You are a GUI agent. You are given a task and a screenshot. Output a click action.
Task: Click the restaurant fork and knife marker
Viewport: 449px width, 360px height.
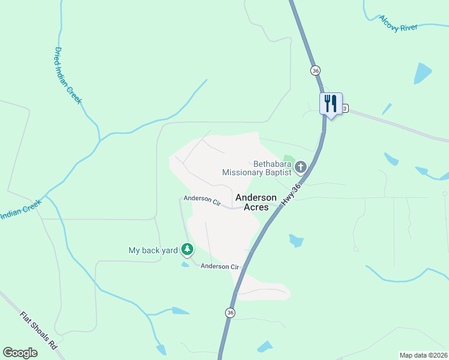tap(330, 104)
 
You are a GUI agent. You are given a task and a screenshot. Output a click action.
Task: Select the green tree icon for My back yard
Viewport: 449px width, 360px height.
tap(187, 248)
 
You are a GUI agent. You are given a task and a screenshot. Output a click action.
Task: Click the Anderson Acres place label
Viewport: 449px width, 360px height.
tap(256, 202)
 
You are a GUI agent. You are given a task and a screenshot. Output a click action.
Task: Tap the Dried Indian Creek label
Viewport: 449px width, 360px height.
tap(67, 76)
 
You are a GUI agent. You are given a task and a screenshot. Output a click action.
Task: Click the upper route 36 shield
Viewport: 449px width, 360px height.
tap(316, 71)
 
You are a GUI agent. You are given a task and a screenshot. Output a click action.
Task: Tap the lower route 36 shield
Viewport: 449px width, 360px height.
tap(230, 313)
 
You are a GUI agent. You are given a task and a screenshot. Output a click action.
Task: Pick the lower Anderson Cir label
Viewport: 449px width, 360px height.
tap(220, 266)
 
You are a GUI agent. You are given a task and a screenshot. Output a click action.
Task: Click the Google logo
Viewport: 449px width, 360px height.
tap(20, 353)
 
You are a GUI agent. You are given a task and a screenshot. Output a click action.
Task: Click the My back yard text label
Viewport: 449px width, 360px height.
tap(153, 250)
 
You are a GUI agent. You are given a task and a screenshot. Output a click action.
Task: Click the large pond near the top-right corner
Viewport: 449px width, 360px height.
tap(423, 73)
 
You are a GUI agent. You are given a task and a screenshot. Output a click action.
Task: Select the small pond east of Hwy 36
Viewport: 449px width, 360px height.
tap(295, 241)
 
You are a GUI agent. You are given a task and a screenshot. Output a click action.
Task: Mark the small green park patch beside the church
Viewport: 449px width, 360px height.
tap(289, 160)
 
